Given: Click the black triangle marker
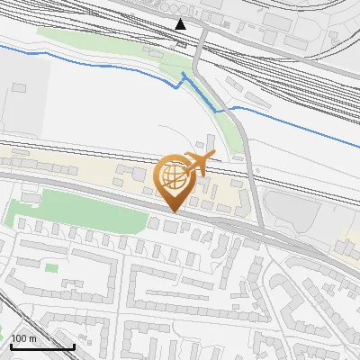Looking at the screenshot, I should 181,24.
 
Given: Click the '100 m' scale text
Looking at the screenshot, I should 24,338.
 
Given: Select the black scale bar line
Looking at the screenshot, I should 42,346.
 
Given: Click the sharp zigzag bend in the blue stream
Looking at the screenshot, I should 184,76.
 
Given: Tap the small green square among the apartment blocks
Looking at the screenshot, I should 51,267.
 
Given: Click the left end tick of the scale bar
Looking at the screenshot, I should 11,345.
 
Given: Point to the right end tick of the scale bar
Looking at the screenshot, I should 74,345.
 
